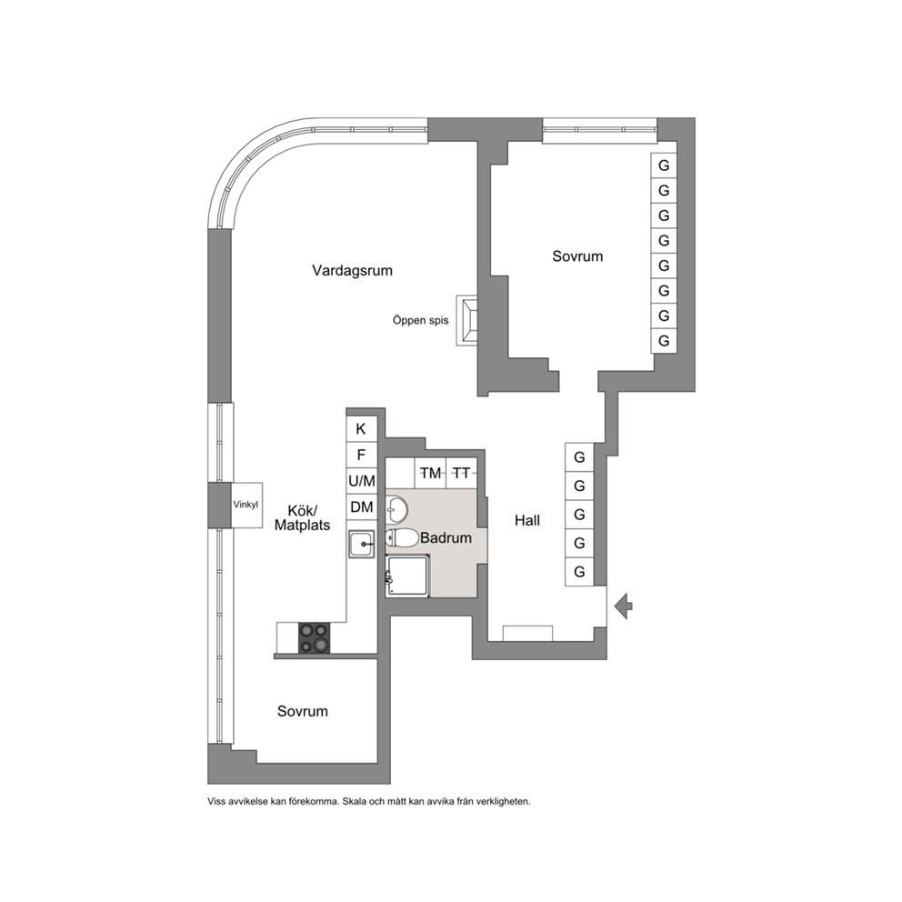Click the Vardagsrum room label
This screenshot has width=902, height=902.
click(x=352, y=270)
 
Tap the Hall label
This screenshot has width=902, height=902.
click(x=527, y=521)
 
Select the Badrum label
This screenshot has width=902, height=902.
click(x=446, y=538)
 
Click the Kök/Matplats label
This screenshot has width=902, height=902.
click(x=302, y=517)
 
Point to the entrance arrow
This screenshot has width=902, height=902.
click(x=623, y=606)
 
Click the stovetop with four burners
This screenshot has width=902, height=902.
click(x=314, y=637)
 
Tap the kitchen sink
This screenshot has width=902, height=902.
click(x=361, y=544)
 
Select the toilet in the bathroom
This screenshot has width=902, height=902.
click(x=402, y=538)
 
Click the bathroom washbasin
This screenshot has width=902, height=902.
click(x=396, y=508)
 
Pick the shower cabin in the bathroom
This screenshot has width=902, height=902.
click(x=407, y=576)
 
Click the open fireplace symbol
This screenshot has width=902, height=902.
click(x=466, y=320)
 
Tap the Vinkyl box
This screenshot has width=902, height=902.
click(x=246, y=505)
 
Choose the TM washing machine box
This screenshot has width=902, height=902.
click(x=430, y=473)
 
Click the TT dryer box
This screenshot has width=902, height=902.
click(x=461, y=473)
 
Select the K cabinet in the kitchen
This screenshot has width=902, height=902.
click(x=361, y=428)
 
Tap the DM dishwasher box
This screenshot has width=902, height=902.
click(x=361, y=506)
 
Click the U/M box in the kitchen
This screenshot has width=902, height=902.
click(x=361, y=480)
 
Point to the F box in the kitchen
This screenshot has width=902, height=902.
click(x=361, y=455)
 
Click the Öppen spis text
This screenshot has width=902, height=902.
click(x=420, y=320)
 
